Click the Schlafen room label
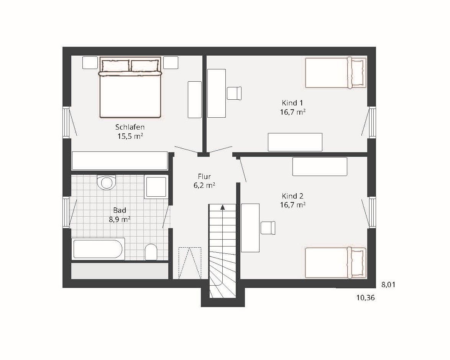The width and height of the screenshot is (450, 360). tap(130, 127)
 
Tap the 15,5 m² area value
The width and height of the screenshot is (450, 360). tap(130, 136)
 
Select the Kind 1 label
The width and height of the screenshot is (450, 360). tap(292, 103)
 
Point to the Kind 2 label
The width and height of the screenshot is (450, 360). tap(292, 196)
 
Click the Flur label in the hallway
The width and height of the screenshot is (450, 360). tap(204, 176)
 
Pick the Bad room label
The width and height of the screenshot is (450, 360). tap(120, 210)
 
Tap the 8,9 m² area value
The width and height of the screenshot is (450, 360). tap(120, 220)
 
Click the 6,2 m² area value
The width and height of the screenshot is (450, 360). tap(204, 186)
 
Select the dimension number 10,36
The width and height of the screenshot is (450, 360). tap(365, 298)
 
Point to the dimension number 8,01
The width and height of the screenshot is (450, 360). tap(388, 285)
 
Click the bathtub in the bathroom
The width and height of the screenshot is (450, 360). tap(98, 248)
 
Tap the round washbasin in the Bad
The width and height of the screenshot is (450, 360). tap(106, 182)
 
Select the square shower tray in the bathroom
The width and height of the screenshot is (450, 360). tap(156, 187)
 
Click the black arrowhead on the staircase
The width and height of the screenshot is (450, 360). tap(222, 207)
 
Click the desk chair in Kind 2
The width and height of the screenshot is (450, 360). tap(268, 228)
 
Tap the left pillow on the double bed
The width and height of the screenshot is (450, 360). tap(115, 66)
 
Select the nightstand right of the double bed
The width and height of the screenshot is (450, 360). tap(171, 62)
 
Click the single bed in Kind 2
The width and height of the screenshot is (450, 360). tap(336, 263)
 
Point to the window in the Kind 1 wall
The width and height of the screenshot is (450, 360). tap(372, 122)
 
